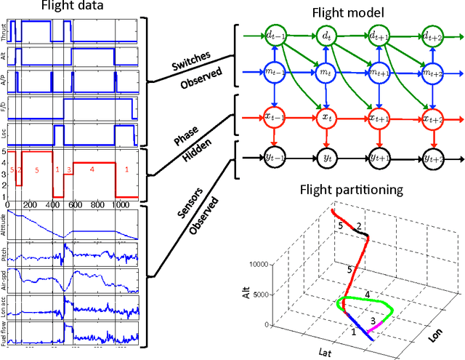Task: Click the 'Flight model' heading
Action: (x=344, y=12)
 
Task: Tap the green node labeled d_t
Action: (x=325, y=34)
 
